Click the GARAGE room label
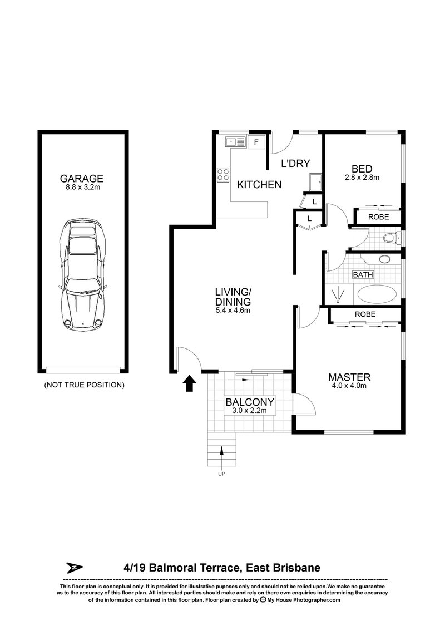[82, 178]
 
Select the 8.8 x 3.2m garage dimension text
[82, 188]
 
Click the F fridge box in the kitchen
[256, 141]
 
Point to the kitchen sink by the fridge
[235, 142]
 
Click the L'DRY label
[295, 164]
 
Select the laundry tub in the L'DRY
[315, 181]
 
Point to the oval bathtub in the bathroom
[376, 294]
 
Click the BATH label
[363, 274]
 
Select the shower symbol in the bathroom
[336, 293]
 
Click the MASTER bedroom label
[349, 377]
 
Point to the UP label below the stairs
[222, 475]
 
